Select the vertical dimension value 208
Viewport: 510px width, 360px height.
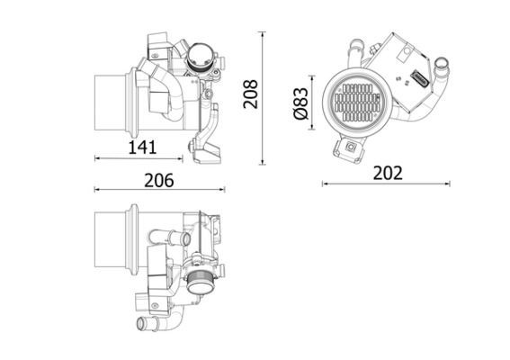251,94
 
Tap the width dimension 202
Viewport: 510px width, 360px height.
387,173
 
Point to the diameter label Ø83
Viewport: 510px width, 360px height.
301,101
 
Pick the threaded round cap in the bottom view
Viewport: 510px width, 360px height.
201,281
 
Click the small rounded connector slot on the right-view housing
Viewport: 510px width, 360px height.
420,77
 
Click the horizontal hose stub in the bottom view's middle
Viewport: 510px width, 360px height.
169,238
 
